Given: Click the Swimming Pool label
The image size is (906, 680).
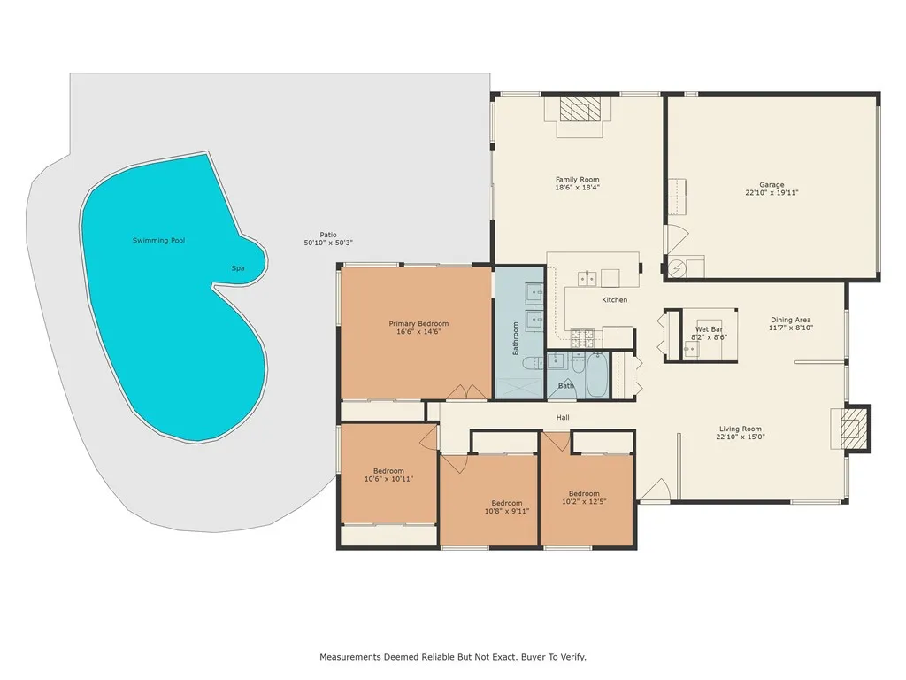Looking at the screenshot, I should [x=158, y=241].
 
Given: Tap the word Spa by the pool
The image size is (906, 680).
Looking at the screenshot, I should [x=237, y=268].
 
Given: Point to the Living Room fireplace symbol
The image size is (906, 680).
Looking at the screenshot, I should [x=851, y=429].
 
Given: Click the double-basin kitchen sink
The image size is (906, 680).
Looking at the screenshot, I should [x=587, y=279].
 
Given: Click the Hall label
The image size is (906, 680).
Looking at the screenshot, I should [x=563, y=418].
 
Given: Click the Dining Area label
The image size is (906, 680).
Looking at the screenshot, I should [x=790, y=320].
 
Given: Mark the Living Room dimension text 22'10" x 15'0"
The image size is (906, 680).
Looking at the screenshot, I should [x=740, y=436].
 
